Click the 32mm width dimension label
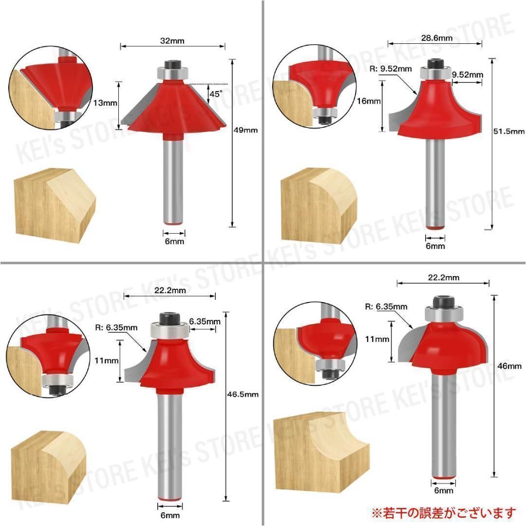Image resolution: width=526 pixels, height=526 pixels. [x=173, y=41]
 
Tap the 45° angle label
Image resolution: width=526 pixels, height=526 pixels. [x=215, y=94]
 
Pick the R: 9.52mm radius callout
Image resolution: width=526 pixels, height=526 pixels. [x=391, y=69]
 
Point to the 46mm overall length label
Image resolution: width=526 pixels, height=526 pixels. [x=507, y=366]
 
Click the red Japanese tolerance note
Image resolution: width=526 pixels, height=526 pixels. [x=443, y=512]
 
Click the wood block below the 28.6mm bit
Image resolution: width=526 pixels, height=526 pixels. [x=318, y=205]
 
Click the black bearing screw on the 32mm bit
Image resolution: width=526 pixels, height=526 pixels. [x=173, y=64]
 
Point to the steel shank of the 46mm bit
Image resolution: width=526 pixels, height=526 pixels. [x=444, y=424]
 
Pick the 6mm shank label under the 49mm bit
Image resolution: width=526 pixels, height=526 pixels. [x=174, y=242]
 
